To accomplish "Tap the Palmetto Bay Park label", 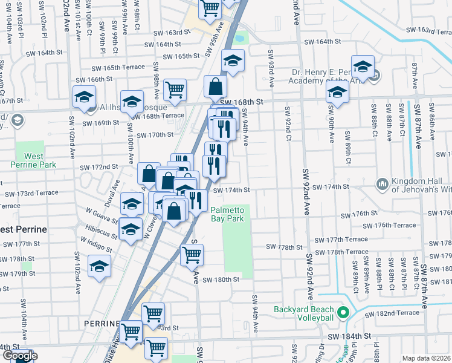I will [227, 214].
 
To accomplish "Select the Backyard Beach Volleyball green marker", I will [343, 313].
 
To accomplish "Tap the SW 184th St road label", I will [349, 336].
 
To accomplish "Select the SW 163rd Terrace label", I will [428, 30].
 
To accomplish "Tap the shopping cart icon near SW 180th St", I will [192, 254].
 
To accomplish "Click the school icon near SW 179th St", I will [100, 267].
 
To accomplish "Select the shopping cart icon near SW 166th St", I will [175, 90].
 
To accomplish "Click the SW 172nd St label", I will [99, 166].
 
